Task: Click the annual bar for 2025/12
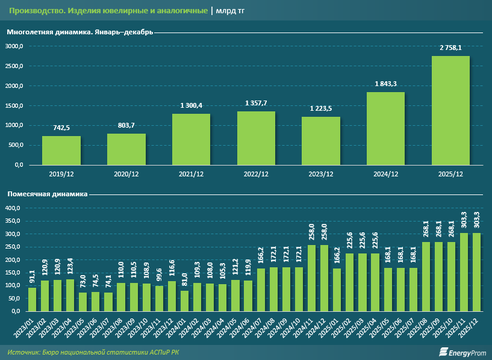click(450, 110)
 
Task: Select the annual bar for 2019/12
click(61, 150)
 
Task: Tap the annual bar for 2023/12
click(321, 140)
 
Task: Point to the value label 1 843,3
click(385, 84)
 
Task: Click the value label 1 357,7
click(256, 103)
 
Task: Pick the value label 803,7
click(126, 125)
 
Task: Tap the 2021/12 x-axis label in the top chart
click(191, 175)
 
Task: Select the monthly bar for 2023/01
click(32, 299)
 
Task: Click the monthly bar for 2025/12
click(477, 272)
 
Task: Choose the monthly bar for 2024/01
click(167, 300)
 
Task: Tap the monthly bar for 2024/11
click(311, 278)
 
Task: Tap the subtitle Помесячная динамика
click(48, 194)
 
